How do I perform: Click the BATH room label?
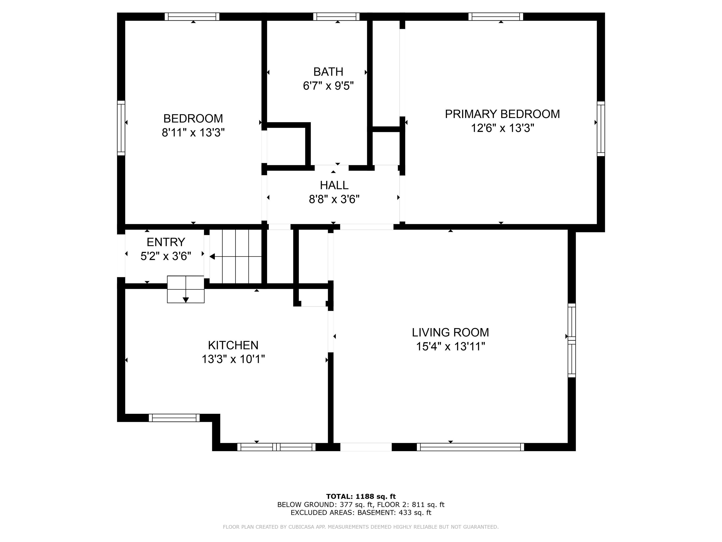point(328,72)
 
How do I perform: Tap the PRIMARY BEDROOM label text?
point(502,114)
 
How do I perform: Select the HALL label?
point(334,185)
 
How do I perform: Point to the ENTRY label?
point(166,242)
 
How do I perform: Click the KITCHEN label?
point(233,345)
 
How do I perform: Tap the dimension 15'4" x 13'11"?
point(451,346)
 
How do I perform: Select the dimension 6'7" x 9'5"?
point(328,86)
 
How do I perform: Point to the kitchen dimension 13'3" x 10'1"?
point(233,359)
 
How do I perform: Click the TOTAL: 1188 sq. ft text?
point(361,497)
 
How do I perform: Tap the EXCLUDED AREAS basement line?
point(361,513)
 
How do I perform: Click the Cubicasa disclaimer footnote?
point(361,527)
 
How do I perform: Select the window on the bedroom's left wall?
point(121,128)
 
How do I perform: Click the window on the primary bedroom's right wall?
point(601,129)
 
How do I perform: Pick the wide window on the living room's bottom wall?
point(470,447)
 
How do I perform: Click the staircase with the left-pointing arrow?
point(236,256)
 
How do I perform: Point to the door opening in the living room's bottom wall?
point(366,447)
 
